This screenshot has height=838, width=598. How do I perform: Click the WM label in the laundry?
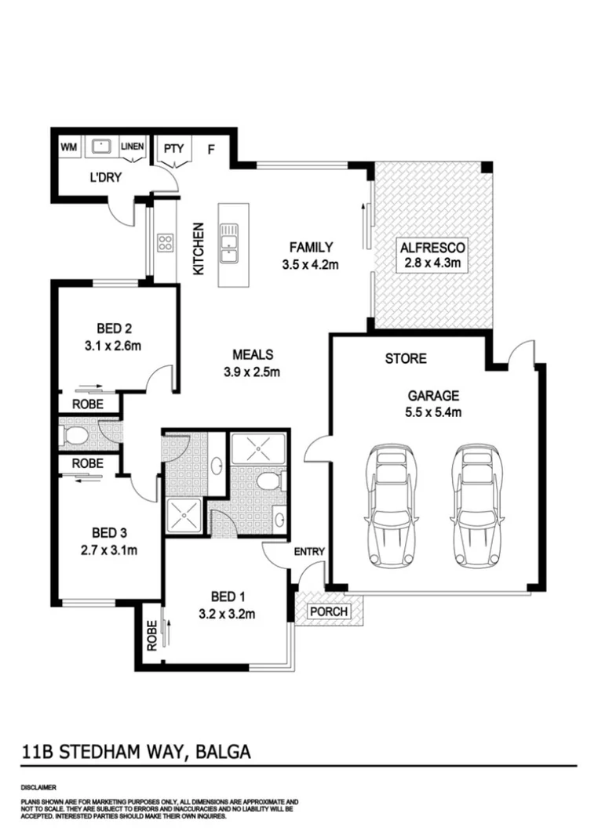[x=68, y=147]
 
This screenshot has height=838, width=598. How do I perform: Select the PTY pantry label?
[x=172, y=147]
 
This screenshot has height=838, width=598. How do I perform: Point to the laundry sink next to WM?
[x=100, y=147]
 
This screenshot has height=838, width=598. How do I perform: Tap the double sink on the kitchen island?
[x=230, y=242]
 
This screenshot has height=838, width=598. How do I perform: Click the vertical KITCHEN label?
[x=199, y=248]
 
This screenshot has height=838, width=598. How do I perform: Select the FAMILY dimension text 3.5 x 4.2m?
[x=309, y=265]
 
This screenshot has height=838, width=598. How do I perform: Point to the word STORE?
[x=405, y=359]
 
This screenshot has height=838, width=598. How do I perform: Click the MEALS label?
[x=251, y=354]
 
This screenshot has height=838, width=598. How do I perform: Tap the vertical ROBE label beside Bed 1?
[x=151, y=635]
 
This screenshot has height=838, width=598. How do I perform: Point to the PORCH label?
[x=330, y=611]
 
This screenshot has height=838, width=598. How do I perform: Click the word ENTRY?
[x=309, y=552]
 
